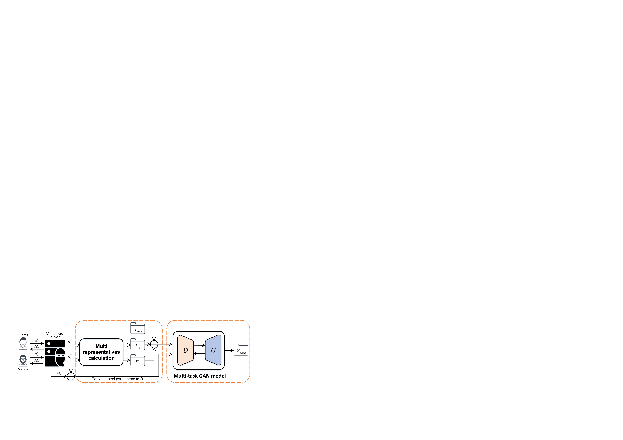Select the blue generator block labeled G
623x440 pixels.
tap(213, 350)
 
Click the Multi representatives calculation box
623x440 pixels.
tap(102, 352)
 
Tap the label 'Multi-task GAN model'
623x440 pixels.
tap(200, 376)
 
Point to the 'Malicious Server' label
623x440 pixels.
tap(54, 335)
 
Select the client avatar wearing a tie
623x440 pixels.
tap(23, 344)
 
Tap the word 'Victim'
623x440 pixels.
tap(23, 369)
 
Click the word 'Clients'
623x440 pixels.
tap(23, 335)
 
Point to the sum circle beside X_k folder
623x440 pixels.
tap(154, 344)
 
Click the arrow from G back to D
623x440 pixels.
tap(199, 354)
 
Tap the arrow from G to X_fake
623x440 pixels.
tap(229, 350)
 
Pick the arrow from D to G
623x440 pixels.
tap(199, 345)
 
